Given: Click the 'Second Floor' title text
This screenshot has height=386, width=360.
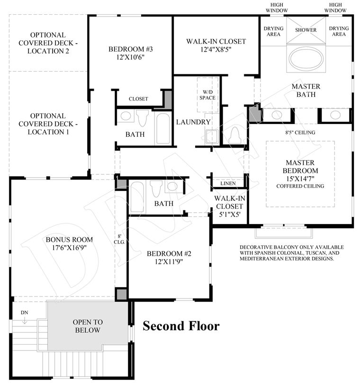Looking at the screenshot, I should click(x=181, y=326).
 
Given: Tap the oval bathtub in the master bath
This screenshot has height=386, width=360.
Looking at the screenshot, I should click(x=306, y=61).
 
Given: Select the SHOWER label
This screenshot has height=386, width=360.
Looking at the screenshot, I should click(x=306, y=30).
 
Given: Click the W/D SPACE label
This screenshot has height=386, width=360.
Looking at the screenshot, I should click(x=207, y=95).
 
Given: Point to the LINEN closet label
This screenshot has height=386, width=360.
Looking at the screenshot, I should click(x=228, y=183).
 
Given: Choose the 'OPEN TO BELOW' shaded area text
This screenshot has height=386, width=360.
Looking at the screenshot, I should click(x=87, y=326).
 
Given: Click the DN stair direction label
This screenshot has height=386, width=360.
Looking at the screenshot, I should click(x=24, y=313).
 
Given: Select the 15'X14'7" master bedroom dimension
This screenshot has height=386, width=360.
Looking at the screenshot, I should click(x=301, y=179).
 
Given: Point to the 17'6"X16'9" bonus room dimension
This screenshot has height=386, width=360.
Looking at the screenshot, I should click(x=69, y=247).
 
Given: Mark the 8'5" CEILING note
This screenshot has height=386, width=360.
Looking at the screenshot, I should click(x=301, y=133).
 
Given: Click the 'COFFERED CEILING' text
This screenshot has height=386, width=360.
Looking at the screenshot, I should click(x=301, y=186).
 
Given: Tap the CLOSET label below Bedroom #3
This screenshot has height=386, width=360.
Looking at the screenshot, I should click(x=138, y=99).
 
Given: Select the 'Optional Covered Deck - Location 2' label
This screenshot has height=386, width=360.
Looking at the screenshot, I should click(x=48, y=43).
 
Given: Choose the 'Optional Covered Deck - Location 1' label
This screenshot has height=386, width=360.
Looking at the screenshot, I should click(x=48, y=124).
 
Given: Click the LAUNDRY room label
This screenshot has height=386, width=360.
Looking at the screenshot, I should click(x=193, y=122).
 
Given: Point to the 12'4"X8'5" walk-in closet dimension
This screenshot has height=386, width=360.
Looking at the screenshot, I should click(x=216, y=50).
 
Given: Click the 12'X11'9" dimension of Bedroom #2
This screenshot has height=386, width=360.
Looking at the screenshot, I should click(x=169, y=261).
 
